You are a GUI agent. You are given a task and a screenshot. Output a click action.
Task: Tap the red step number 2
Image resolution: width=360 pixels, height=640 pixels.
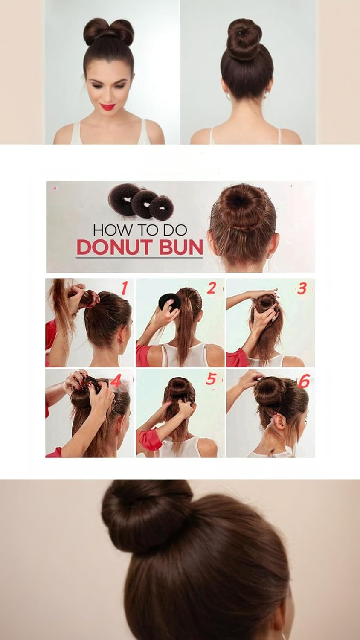212,288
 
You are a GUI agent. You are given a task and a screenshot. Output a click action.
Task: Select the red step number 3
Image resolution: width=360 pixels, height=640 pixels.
302,288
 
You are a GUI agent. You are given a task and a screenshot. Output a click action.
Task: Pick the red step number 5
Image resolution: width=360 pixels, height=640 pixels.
211,379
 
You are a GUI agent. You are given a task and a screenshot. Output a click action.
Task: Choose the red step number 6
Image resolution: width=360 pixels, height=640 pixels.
303,381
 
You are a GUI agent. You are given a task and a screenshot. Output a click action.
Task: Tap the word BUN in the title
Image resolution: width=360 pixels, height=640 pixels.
182,248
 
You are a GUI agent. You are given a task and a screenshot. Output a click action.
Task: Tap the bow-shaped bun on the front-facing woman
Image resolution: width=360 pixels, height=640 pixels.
108,32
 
